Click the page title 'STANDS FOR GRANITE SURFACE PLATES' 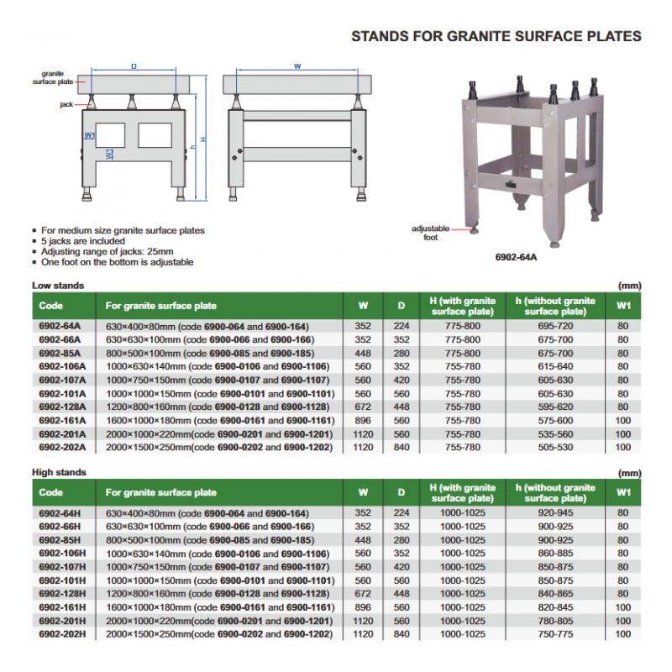[x=496, y=36]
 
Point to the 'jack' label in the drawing [x=66, y=105]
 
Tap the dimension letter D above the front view [x=134, y=66]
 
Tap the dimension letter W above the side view [x=297, y=66]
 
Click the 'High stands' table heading [x=59, y=472]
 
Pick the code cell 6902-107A [x=62, y=380]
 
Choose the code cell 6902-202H [x=62, y=634]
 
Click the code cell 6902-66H [x=60, y=526]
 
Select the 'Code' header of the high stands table [x=51, y=492]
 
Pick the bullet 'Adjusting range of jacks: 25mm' [x=108, y=251]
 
